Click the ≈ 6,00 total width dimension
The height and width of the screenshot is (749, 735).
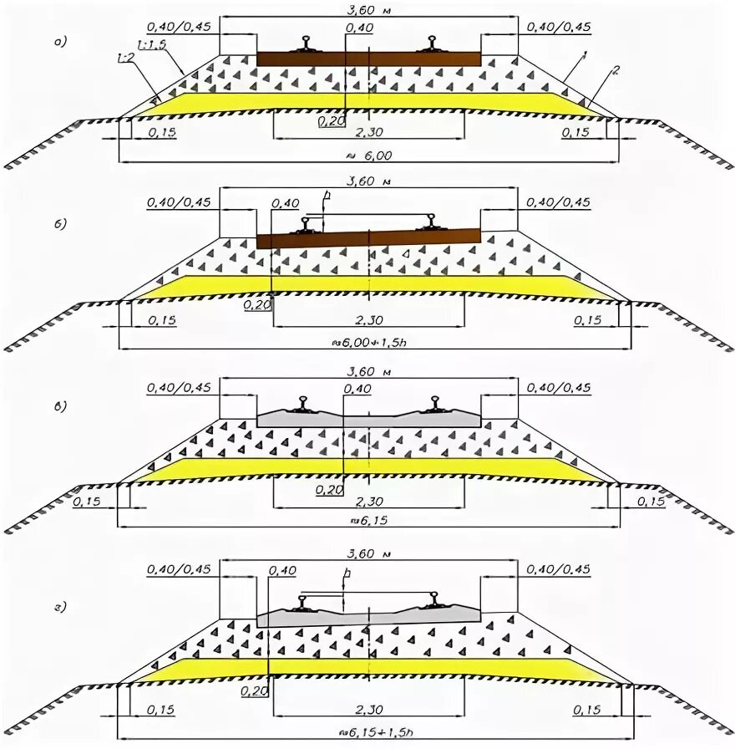tap(368, 155)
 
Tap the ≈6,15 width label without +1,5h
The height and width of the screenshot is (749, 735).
tap(368, 520)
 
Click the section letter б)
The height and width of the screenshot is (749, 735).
tap(58, 224)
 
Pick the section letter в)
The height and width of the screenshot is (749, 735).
tap(58, 406)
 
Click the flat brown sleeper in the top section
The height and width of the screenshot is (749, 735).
tap(368, 59)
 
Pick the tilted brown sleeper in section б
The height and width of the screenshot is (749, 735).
tap(368, 237)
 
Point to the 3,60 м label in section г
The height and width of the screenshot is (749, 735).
tap(368, 554)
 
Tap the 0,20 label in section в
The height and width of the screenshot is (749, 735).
tap(328, 491)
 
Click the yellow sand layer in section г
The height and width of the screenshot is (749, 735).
tap(368, 668)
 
